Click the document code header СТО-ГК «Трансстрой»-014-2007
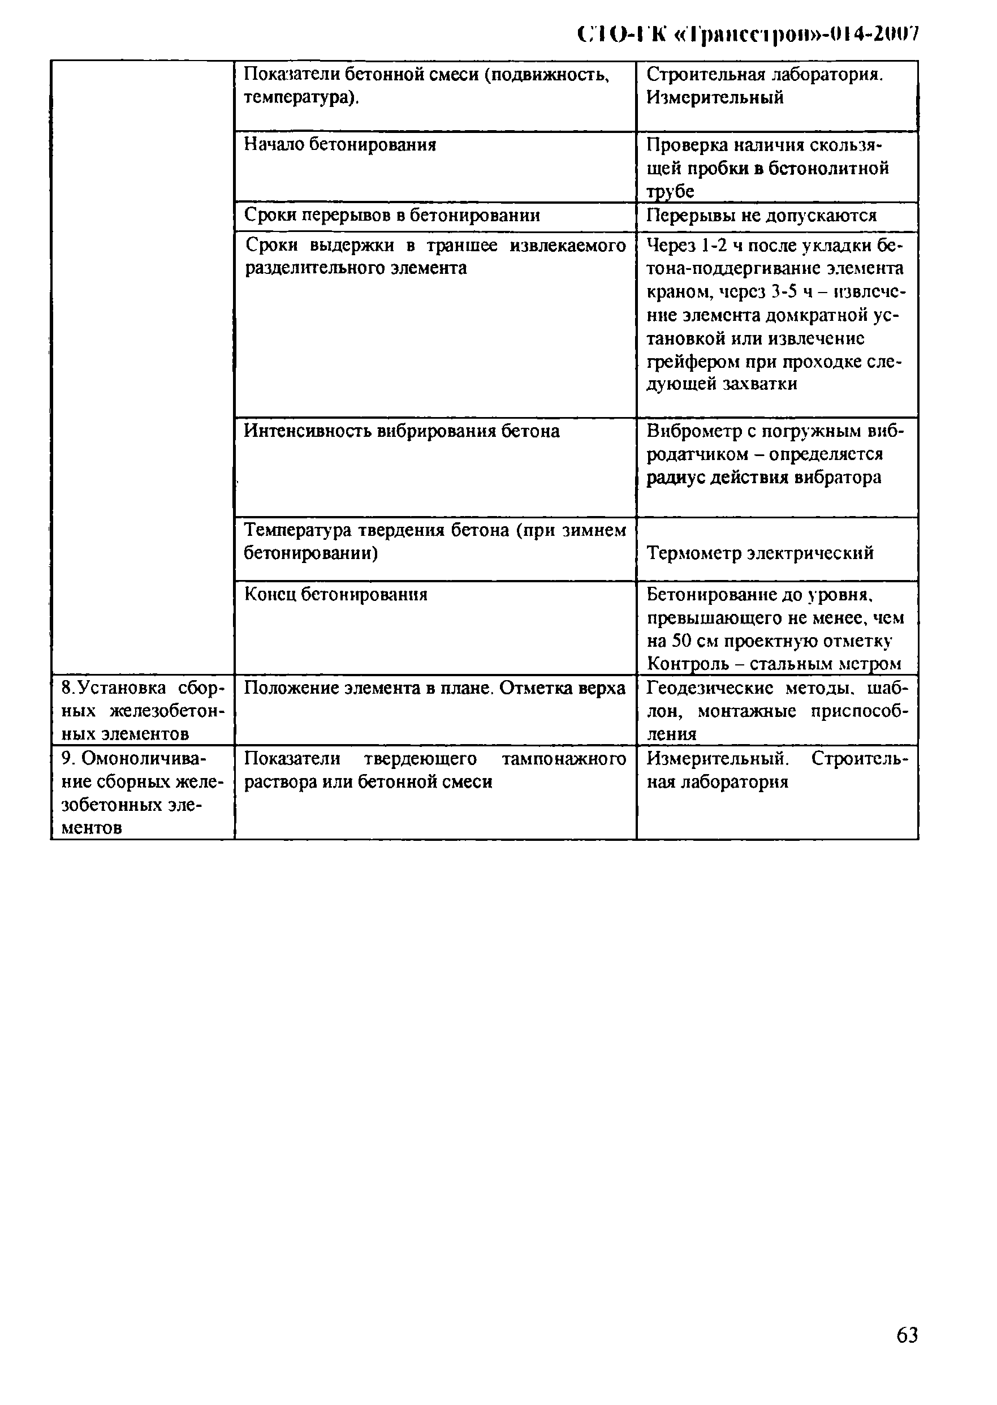point(748,35)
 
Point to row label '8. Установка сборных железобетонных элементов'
point(143,711)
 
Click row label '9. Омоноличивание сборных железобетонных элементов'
point(143,793)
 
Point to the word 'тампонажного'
point(564,759)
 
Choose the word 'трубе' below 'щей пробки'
point(670,192)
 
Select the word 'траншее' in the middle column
point(461,246)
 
